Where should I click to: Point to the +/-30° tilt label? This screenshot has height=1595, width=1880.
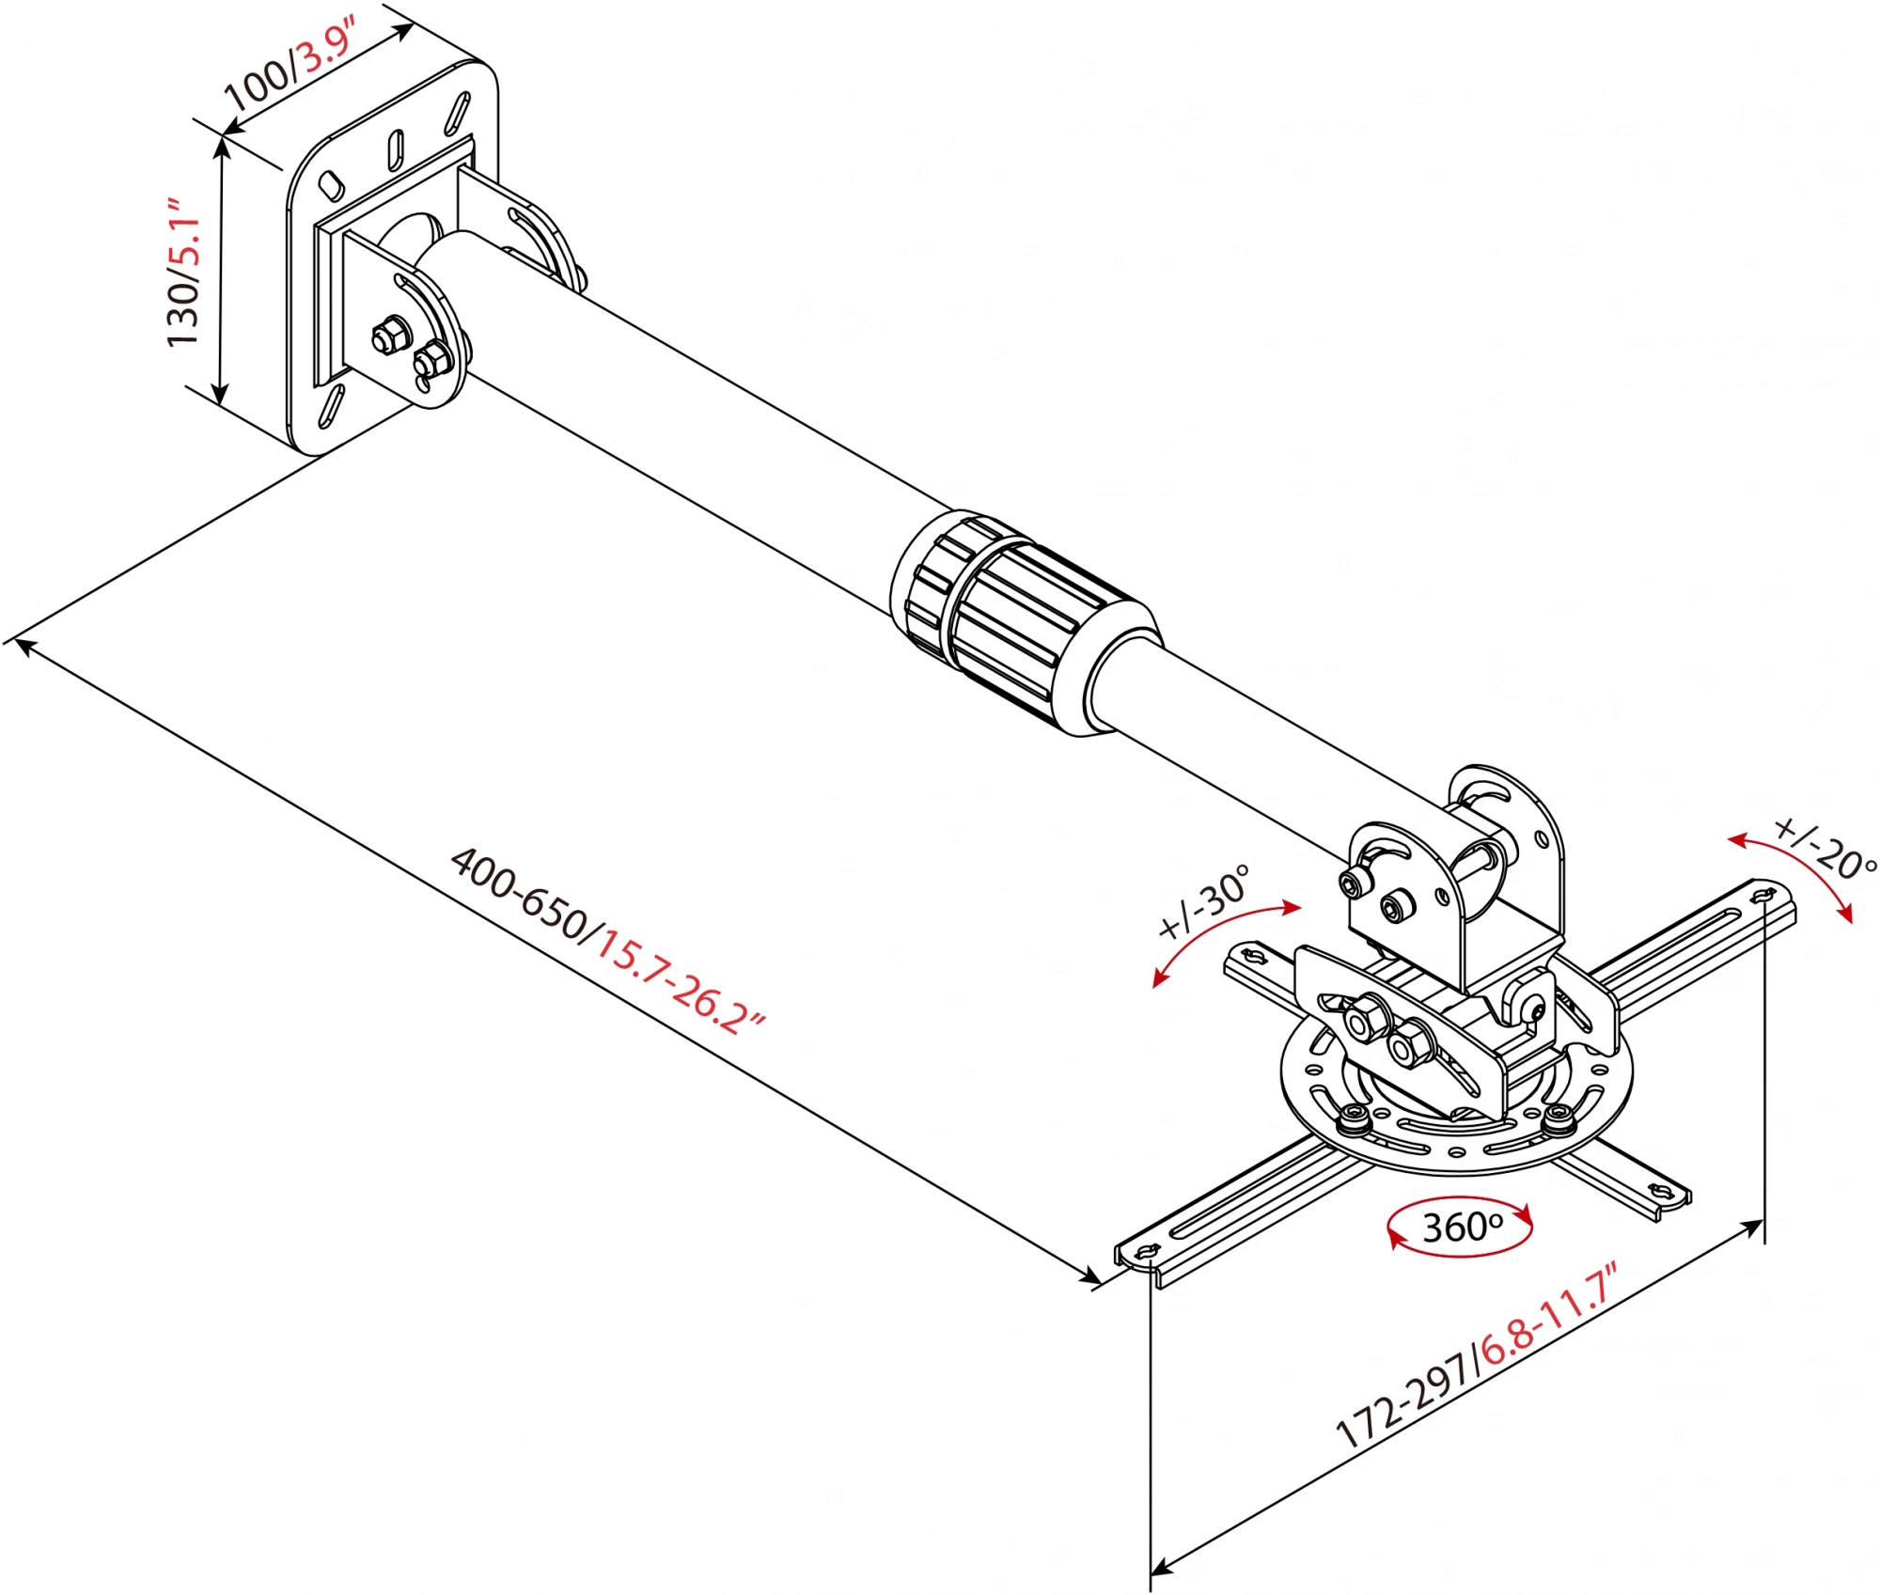1204,902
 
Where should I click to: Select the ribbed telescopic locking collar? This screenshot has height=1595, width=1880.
1025,620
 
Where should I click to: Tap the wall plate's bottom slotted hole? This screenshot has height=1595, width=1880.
331,406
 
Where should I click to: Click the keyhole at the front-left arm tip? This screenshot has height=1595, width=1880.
1147,1252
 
